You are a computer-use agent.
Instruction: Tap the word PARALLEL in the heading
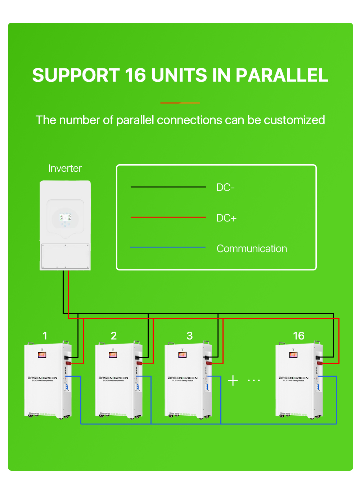282,75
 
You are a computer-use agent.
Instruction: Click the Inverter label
65,169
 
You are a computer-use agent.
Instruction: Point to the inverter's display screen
65,218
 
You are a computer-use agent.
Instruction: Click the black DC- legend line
168,187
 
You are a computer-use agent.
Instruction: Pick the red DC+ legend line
168,217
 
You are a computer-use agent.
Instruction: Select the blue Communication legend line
168,247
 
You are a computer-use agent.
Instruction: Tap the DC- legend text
225,188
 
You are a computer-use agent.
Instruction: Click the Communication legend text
252,249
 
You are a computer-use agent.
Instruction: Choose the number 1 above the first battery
45,336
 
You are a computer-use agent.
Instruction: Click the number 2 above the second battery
114,336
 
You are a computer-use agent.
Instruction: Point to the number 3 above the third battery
190,336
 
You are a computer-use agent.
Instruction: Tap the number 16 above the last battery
298,336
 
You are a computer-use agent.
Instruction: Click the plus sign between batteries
233,380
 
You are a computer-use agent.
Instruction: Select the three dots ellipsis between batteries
254,380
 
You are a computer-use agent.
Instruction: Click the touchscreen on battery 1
42,355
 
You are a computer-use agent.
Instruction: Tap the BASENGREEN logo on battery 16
293,378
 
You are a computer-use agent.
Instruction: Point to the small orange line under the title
180,103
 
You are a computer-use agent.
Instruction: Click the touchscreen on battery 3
182,355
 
